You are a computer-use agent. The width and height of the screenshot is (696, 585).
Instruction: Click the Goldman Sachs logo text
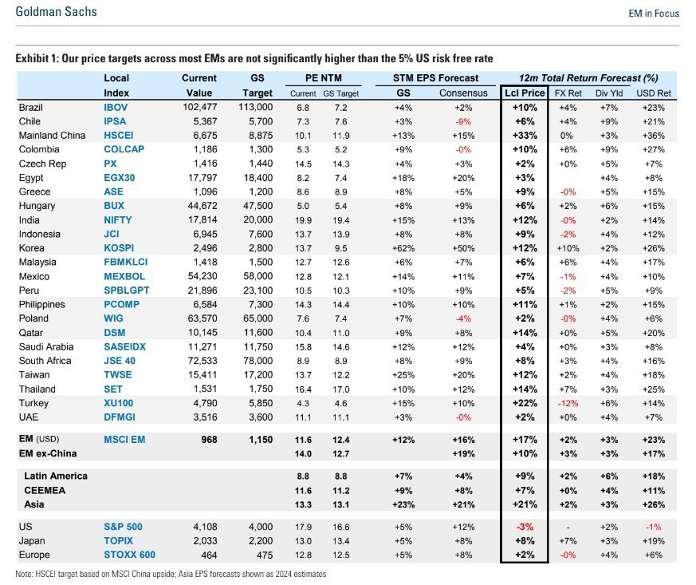point(56,13)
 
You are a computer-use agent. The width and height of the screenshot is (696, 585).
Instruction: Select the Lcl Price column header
point(525,93)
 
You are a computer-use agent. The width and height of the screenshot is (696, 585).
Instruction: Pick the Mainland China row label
point(48,136)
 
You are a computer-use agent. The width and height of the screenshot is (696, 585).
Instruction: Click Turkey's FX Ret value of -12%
point(567,403)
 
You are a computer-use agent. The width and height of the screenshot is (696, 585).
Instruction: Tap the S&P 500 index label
point(123,527)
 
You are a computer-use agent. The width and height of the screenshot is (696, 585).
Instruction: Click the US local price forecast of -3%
point(525,527)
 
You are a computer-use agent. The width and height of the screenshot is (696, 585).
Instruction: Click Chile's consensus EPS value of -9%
point(462,121)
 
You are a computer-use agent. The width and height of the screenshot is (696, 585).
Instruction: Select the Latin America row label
point(56,476)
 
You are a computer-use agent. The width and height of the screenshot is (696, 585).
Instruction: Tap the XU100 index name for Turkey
point(118,403)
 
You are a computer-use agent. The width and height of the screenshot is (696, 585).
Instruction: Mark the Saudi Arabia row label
point(45,346)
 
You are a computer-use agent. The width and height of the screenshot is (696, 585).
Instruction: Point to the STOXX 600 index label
point(129,555)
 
